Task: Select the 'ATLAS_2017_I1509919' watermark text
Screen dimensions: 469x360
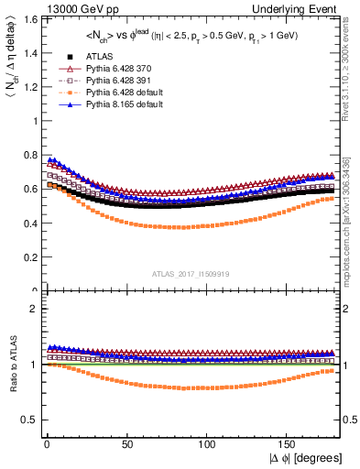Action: pos(191,273)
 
